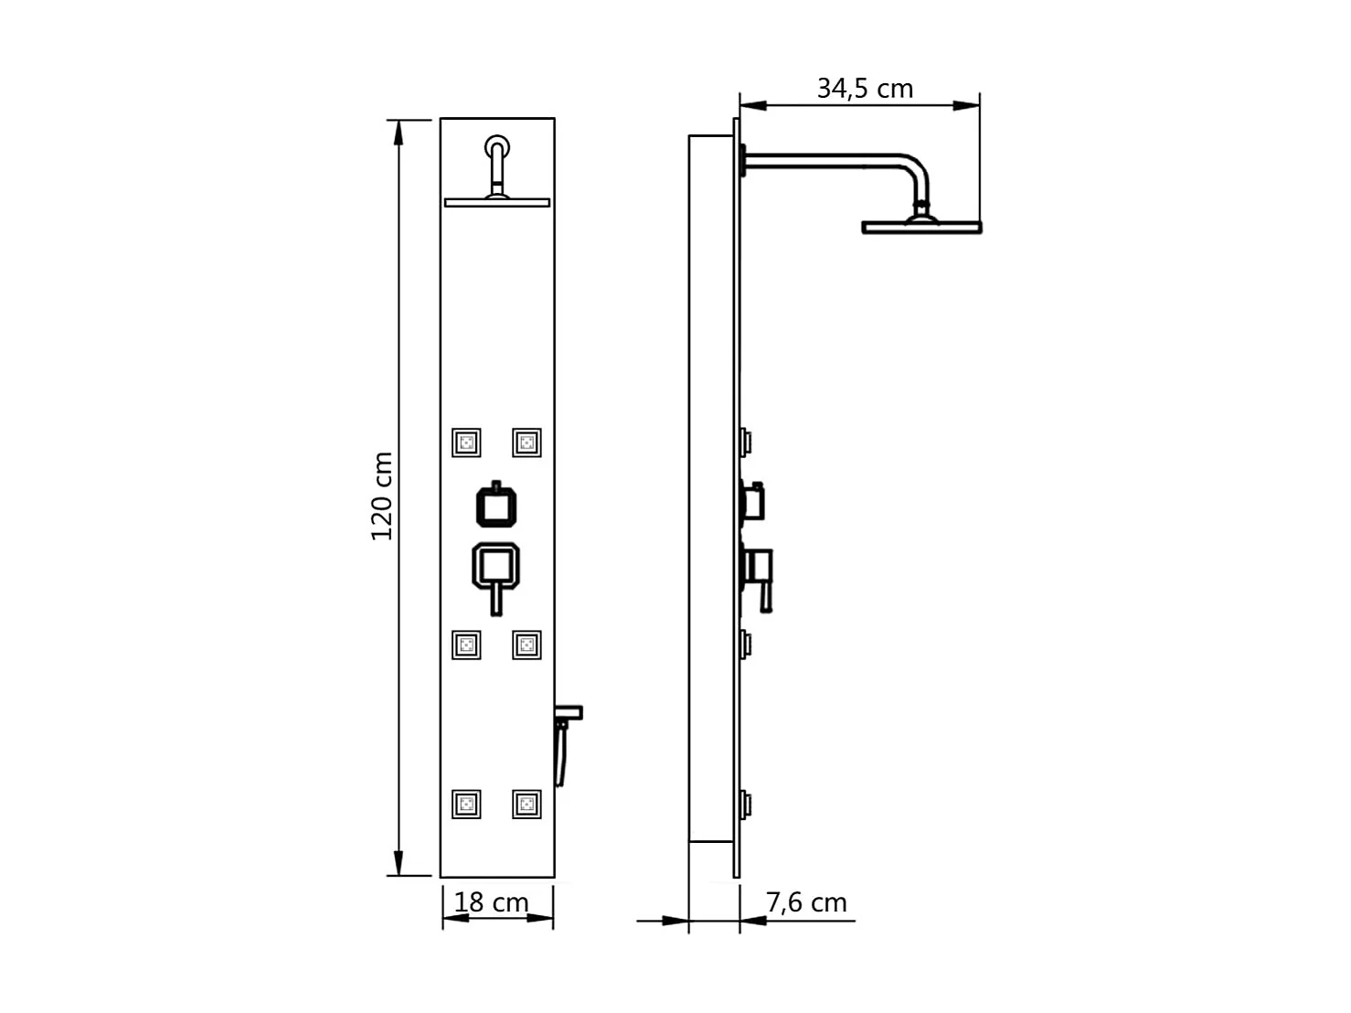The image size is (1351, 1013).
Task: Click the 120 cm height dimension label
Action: coord(382,496)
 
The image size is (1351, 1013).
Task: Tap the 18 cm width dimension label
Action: coord(492,902)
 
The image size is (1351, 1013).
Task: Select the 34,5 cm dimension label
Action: coord(865,89)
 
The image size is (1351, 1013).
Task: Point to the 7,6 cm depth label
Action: coord(806,902)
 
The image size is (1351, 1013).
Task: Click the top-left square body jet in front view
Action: coord(466,443)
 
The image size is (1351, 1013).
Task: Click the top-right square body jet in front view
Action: coord(527,443)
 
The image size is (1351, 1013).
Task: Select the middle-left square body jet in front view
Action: coord(466,645)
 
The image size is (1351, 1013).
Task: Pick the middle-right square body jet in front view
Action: coord(527,645)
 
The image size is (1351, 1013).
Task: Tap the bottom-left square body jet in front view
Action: coord(466,805)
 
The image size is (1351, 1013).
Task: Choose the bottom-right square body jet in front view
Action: coord(527,805)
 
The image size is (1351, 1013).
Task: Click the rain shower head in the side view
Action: coord(921,225)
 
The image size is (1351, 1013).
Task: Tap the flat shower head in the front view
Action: coord(498,201)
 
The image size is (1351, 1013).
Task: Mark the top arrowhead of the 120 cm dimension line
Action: coord(399,133)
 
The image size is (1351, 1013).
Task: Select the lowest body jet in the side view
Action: coord(747,805)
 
